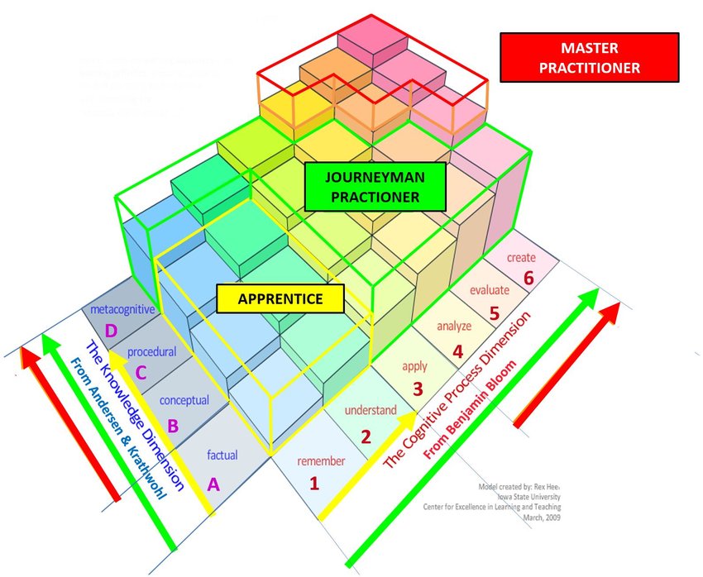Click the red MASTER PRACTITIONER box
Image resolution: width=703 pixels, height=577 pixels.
pyautogui.click(x=590, y=59)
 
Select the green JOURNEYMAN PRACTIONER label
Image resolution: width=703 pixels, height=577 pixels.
pyautogui.click(x=375, y=186)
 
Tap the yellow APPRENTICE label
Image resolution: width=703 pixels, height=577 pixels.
pyautogui.click(x=280, y=299)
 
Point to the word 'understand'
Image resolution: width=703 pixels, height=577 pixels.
pyautogui.click(x=371, y=410)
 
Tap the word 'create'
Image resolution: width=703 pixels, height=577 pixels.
pyautogui.click(x=522, y=258)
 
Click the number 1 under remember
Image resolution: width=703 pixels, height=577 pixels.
pyautogui.click(x=313, y=484)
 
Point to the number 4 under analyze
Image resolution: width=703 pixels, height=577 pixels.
pyautogui.click(x=457, y=351)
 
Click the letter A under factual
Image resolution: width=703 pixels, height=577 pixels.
pyautogui.click(x=213, y=485)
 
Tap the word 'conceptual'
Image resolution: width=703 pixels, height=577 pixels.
pyautogui.click(x=184, y=401)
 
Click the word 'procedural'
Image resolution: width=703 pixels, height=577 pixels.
pyautogui.click(x=152, y=352)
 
